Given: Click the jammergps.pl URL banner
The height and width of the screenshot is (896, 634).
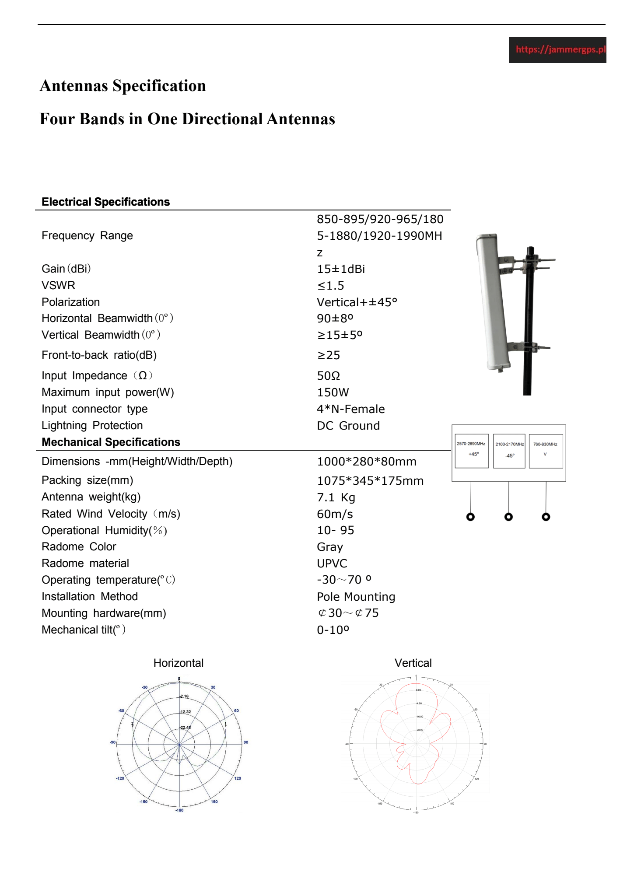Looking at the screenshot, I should coord(557,50).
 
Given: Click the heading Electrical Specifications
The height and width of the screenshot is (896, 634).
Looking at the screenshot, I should coord(105,202).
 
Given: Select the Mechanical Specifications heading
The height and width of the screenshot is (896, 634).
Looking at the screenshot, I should coord(111,442).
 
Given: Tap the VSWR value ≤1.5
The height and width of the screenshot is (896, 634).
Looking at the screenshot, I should coord(330,286).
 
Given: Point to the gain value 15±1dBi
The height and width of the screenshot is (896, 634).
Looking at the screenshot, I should coord(340,269).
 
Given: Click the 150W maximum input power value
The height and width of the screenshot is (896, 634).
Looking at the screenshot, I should coord(333,392).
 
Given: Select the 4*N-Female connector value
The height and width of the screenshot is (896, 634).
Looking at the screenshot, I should coord(350,409).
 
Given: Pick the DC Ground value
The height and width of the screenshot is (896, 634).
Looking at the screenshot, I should coord(348,426).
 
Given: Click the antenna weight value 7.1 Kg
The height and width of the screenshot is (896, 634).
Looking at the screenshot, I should coord(336,497).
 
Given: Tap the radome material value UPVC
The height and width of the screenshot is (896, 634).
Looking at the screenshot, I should coord(332,563).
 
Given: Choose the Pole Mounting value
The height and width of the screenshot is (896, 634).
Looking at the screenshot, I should coord(356,597).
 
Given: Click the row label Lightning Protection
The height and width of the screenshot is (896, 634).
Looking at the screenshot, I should coord(92,426).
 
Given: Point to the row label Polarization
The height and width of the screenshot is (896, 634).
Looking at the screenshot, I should coord(70,302).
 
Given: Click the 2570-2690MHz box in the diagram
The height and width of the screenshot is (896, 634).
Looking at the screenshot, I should coord(471,451).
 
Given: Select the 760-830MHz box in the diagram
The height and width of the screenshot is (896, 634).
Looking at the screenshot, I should coord(545,451).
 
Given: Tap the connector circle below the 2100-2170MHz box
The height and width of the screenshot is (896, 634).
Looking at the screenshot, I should coord(508,517).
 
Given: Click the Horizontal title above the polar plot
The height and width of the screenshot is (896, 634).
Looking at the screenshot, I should coord(178,663).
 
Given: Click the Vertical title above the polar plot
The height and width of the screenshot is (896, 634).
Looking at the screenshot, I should coord(413,663).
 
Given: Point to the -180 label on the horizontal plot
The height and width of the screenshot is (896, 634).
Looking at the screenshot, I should coord(179,810).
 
